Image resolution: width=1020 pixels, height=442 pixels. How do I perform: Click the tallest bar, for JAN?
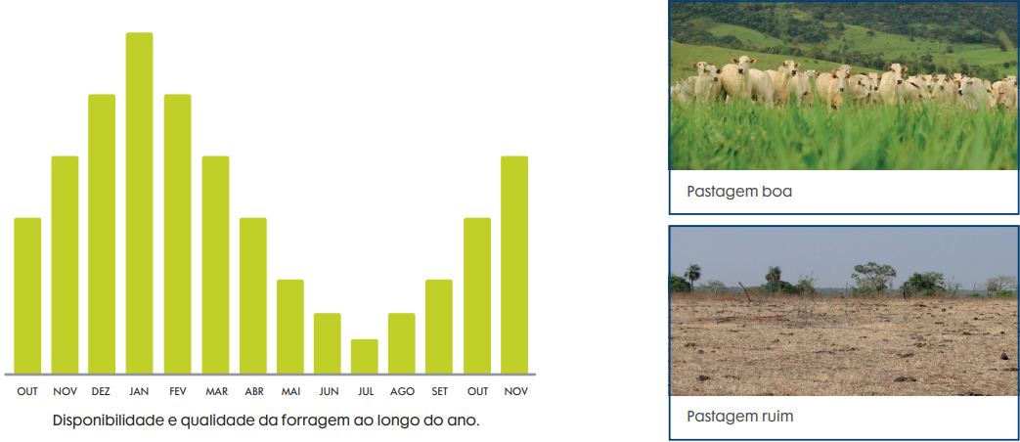139,203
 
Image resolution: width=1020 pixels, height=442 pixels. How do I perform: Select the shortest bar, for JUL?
364,357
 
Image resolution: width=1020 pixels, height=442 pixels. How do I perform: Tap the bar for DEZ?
102,234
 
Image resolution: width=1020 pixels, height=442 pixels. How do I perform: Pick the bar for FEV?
178,234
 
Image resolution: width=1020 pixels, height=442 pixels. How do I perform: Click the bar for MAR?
215,265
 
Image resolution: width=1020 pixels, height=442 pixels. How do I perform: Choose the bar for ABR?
253,295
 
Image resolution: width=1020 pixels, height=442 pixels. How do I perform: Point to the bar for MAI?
290,327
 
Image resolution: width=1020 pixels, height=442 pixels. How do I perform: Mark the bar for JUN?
328,344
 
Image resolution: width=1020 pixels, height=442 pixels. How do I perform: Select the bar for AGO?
402,344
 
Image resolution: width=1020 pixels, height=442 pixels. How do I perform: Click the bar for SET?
439,327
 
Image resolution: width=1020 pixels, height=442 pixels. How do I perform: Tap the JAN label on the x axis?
139,392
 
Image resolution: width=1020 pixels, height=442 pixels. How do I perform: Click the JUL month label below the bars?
365,392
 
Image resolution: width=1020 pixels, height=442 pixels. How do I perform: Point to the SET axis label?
440,392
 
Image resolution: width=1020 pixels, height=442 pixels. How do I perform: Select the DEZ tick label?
102,392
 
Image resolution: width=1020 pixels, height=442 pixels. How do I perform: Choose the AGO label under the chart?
402,392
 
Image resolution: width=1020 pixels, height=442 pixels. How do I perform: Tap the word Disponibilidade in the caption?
109,420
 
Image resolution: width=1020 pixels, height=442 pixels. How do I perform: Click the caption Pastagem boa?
739,193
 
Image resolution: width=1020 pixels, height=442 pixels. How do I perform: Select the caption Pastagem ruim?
740,417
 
